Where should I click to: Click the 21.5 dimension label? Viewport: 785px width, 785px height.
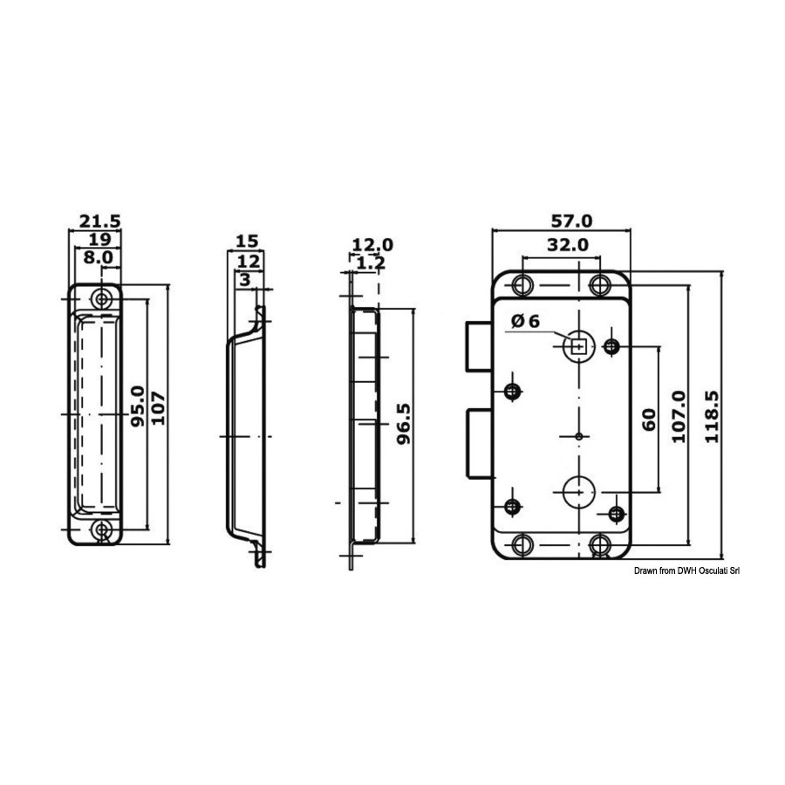click(100, 222)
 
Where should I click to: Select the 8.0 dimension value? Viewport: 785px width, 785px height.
click(99, 258)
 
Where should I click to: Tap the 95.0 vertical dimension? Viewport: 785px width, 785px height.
click(138, 406)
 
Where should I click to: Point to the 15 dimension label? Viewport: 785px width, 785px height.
click(247, 242)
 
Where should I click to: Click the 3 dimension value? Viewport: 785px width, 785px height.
click(245, 280)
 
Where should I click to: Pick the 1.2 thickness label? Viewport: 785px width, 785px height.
click(371, 263)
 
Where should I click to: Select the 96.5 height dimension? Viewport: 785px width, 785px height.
click(403, 424)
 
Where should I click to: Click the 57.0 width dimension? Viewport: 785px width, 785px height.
click(571, 221)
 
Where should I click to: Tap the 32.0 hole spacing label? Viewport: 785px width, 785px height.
click(567, 245)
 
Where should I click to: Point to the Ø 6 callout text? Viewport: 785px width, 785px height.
click(526, 321)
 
